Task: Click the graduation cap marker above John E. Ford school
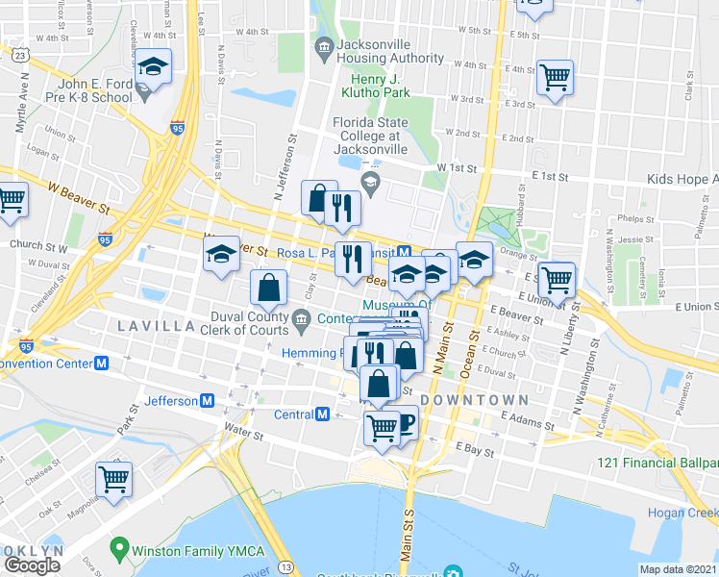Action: [154, 66]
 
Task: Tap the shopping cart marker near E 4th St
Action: [556, 76]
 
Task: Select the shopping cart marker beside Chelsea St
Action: [114, 479]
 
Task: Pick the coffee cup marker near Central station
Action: [404, 422]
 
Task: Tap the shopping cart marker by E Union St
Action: [557, 280]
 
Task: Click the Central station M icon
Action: [322, 414]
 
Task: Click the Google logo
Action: [32, 564]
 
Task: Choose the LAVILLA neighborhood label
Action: [157, 326]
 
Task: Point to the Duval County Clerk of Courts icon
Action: [301, 318]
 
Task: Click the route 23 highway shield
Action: [20, 56]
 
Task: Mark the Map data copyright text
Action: [679, 569]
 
